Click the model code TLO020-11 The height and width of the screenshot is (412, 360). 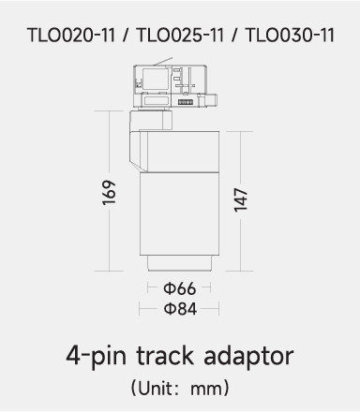71,35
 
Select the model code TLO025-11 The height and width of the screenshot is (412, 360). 180,35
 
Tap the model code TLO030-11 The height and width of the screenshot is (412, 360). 290,35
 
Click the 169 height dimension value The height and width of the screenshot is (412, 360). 109,192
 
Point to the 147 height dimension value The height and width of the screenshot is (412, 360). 241,200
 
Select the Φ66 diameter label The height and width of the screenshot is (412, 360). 180,288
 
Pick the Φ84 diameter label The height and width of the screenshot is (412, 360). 180,309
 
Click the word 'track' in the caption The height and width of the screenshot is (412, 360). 165,356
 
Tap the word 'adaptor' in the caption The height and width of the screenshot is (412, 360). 248,357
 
